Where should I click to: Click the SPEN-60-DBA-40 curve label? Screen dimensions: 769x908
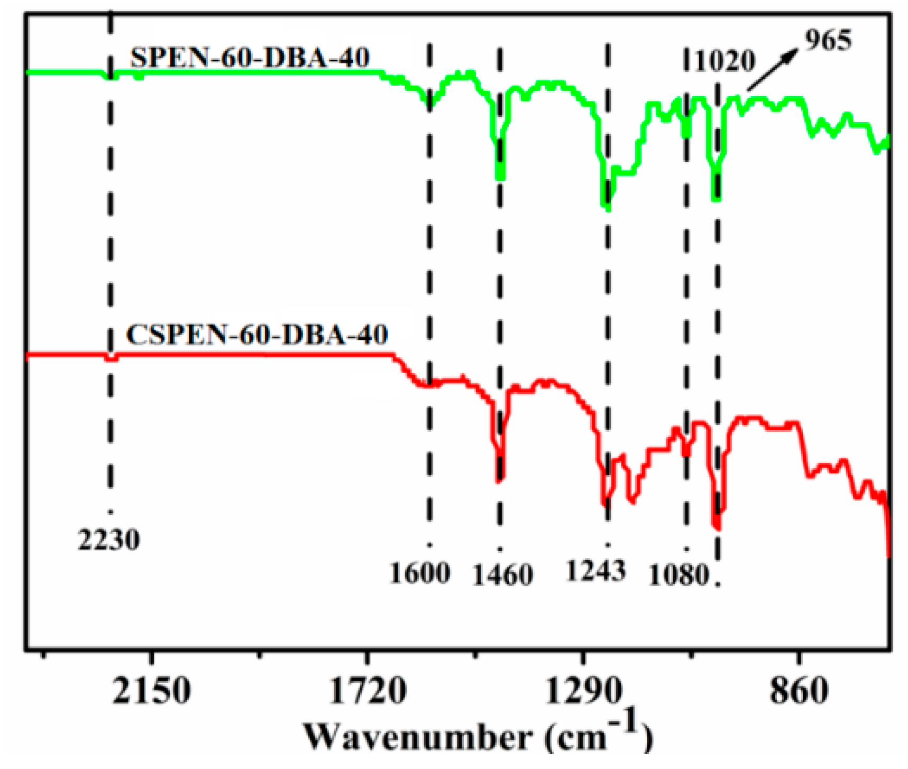point(250,57)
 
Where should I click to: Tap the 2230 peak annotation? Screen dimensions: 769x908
point(109,540)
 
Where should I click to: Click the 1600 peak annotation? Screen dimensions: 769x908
point(420,573)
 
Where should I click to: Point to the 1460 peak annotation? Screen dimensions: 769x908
point(502,575)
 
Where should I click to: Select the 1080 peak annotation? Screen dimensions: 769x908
point(678,575)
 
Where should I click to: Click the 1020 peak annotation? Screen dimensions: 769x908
point(725,61)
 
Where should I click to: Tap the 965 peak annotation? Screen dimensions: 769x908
point(828,40)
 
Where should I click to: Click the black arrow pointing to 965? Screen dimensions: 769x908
point(772,69)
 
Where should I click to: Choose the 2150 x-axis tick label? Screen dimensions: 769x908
point(151,690)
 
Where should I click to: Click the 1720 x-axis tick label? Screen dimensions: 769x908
point(367,690)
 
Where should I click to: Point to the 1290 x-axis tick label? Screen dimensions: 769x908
point(583,690)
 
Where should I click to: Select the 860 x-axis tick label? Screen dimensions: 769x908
point(799,690)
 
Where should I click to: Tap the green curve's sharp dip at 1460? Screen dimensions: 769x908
point(500,177)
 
